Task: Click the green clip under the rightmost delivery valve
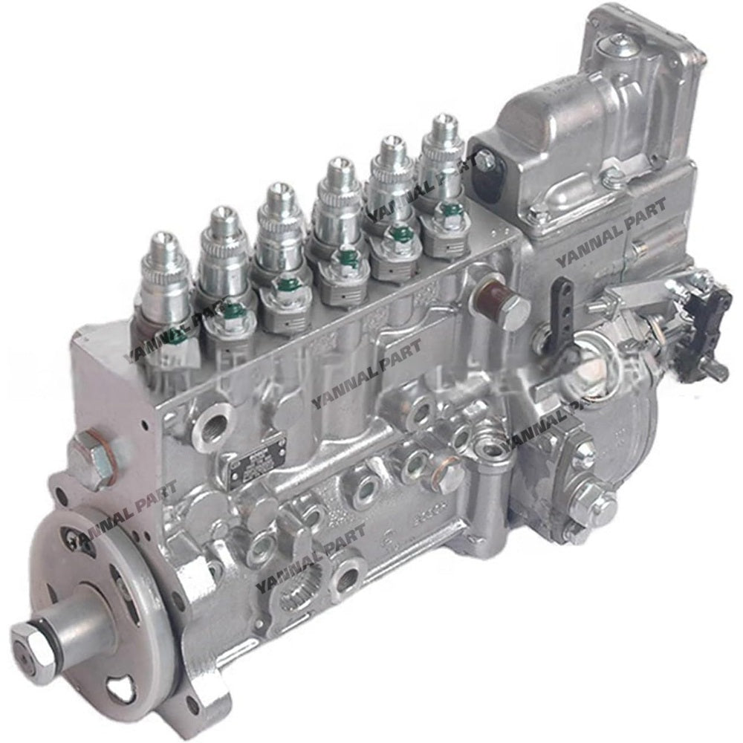pyautogui.click(x=450, y=210)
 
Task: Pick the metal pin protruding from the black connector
pyautogui.click(x=719, y=371)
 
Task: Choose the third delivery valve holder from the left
pyautogui.click(x=279, y=223)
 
